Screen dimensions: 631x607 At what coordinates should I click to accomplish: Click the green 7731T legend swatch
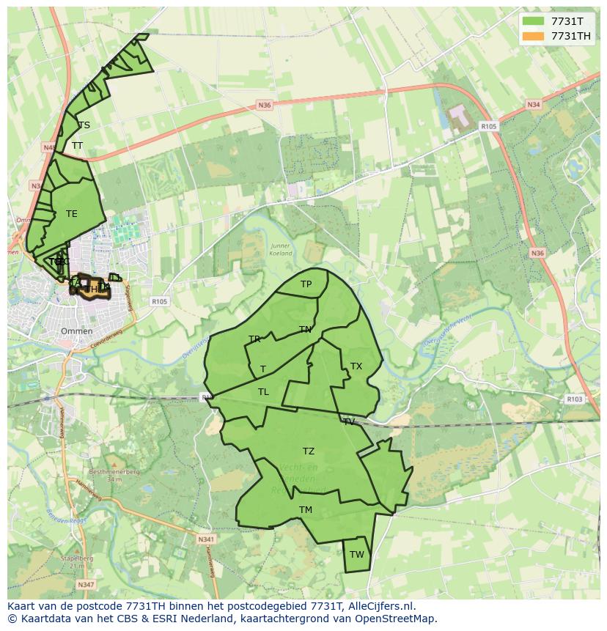coord(534,21)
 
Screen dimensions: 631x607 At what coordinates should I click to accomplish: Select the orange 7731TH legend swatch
coord(534,36)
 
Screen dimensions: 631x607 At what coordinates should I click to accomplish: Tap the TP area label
coord(306,284)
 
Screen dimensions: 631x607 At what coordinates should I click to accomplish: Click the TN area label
coord(305,330)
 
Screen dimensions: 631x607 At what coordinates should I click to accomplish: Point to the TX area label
coord(356,366)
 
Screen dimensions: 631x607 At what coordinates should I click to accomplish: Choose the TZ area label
coord(309,451)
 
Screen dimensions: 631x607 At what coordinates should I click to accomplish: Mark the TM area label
coord(306,510)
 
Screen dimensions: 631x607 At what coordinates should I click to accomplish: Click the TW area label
coord(356,555)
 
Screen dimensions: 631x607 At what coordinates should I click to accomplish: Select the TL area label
coord(263,392)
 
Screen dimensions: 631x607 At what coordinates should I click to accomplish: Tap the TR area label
coord(254,339)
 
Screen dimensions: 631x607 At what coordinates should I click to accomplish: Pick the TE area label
coord(71,214)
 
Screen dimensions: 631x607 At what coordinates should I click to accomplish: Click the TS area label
coord(84,125)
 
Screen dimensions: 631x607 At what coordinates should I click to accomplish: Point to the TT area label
coord(77,146)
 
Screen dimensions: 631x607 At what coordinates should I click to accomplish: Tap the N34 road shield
coord(533,106)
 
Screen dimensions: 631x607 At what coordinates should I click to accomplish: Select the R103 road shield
coord(574,399)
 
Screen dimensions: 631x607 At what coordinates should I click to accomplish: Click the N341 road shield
coord(206,539)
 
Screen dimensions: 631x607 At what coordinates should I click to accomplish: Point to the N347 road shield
coord(85,585)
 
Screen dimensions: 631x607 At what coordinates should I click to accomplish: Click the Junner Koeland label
coord(281,250)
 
